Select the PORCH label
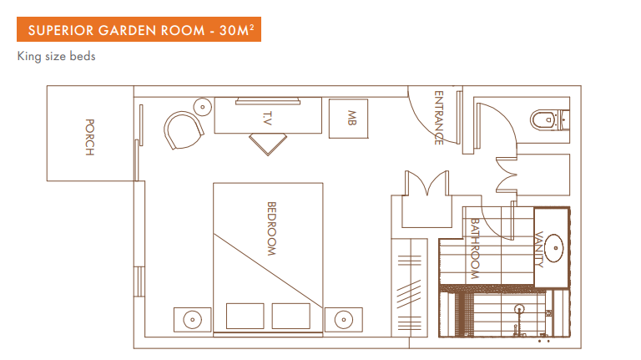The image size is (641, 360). click(x=89, y=138)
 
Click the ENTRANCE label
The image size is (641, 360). click(x=438, y=118)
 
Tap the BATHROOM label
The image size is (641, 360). click(x=475, y=248)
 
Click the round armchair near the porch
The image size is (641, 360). click(x=183, y=129)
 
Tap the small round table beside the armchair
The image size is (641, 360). click(x=202, y=106)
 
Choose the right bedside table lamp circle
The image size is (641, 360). click(x=343, y=318)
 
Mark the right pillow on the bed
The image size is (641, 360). click(x=290, y=316)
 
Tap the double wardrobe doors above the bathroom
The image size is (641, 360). click(x=428, y=184)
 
